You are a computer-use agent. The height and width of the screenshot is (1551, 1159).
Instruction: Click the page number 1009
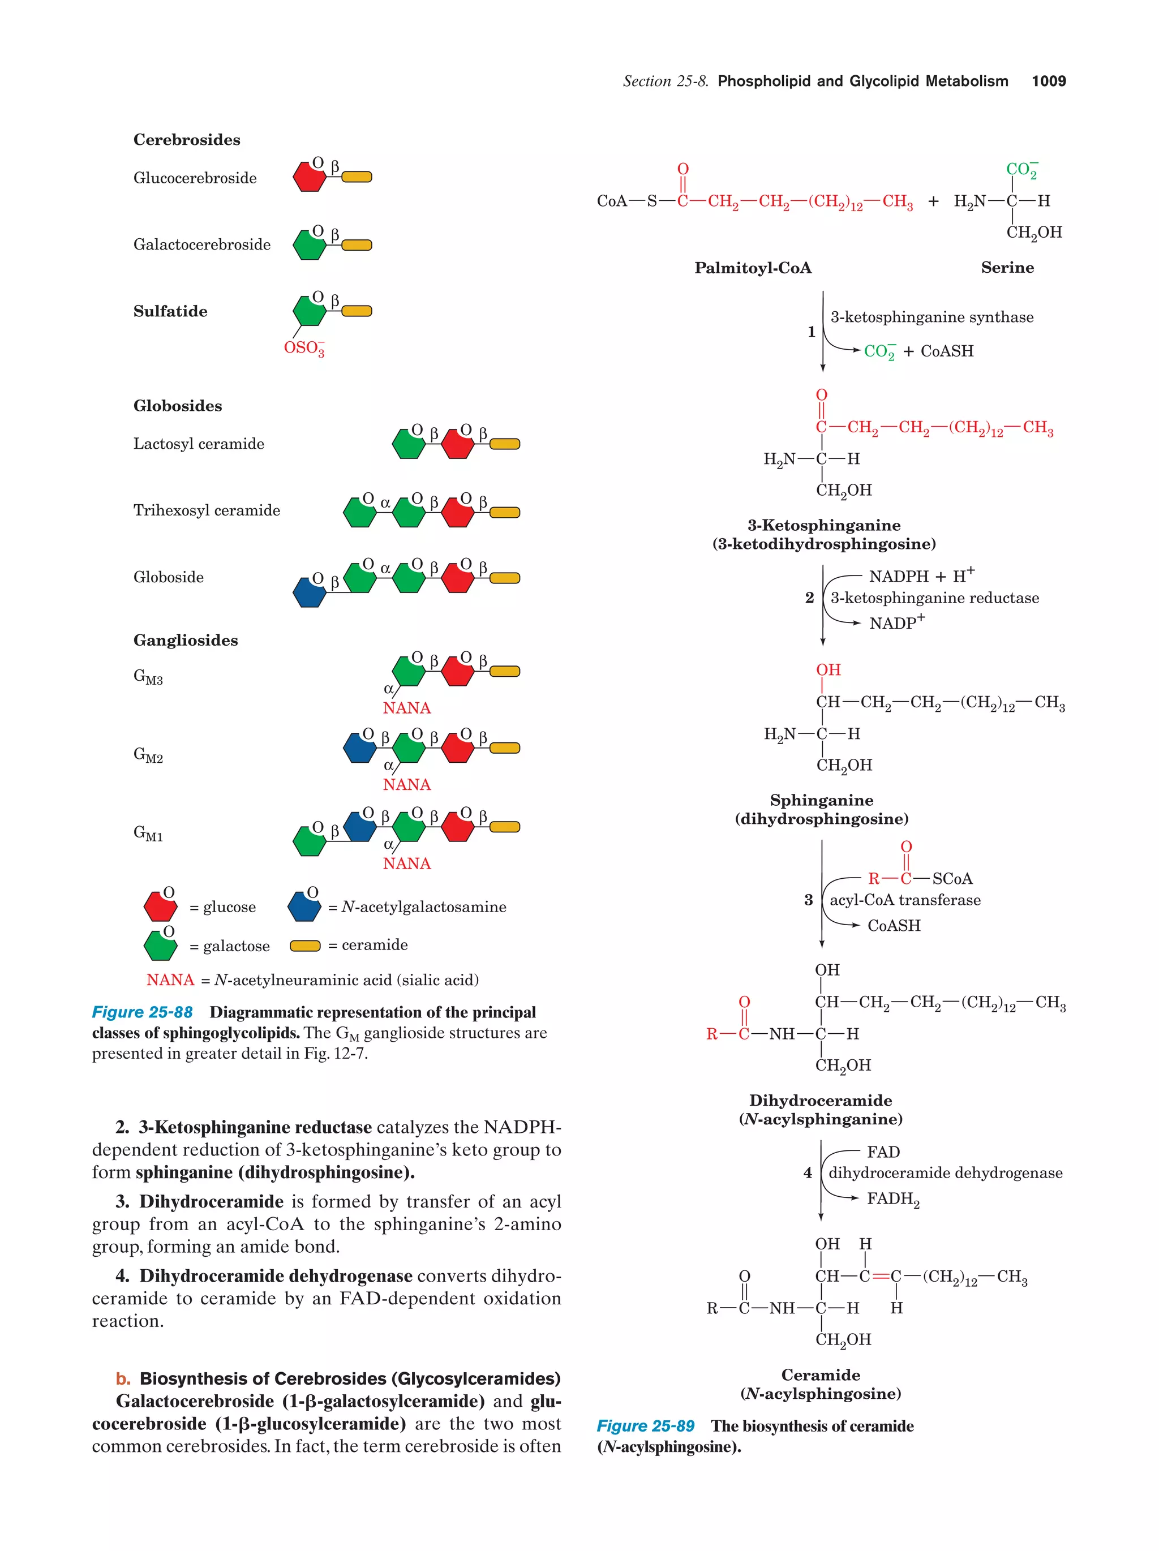[1048, 81]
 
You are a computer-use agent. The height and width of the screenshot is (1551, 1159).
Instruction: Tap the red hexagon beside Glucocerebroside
[309, 177]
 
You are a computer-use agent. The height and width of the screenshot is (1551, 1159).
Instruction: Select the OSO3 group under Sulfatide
[303, 348]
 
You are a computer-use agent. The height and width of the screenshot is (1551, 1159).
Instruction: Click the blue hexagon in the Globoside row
[309, 592]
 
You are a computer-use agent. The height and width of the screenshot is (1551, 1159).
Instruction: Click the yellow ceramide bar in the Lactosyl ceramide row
[504, 444]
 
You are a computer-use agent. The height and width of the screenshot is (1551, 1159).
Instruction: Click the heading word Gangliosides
[185, 640]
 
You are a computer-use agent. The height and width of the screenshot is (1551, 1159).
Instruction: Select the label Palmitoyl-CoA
[752, 268]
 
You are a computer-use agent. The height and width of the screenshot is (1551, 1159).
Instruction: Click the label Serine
[1007, 267]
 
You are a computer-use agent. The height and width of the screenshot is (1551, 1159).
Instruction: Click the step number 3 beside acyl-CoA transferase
[808, 900]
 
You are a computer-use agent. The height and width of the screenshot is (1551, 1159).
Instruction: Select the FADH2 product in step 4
[892, 1199]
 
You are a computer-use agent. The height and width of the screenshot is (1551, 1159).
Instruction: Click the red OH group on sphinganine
[828, 669]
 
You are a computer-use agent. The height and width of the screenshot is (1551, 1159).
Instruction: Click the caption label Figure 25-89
[645, 1426]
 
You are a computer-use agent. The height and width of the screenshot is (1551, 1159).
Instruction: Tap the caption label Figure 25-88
[143, 1012]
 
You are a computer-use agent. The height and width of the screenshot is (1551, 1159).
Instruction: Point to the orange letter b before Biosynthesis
[123, 1378]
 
